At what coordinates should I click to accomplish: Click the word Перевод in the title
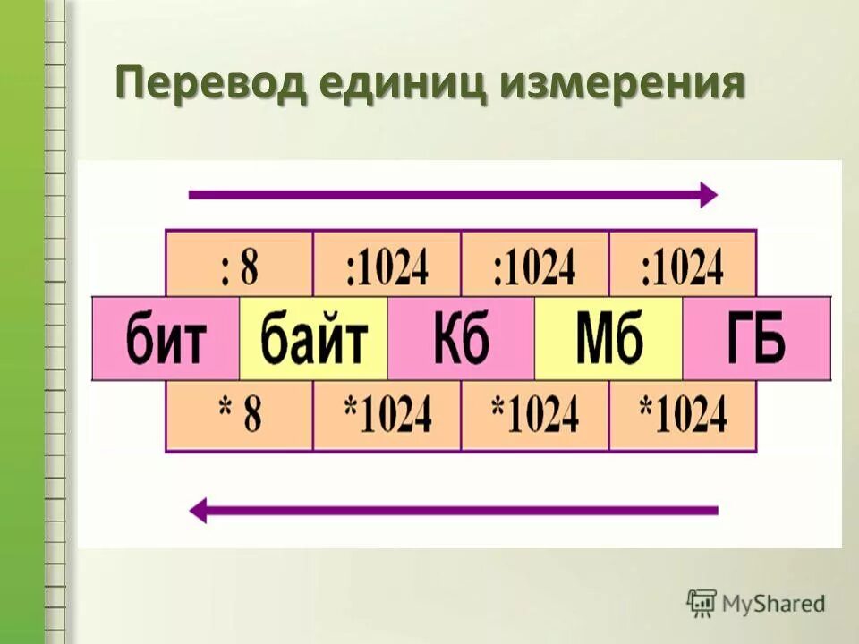pyautogui.click(x=210, y=87)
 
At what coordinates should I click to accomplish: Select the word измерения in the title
pyautogui.click(x=623, y=87)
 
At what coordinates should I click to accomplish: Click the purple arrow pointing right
pyautogui.click(x=453, y=194)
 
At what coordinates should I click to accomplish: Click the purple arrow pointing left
pyautogui.click(x=453, y=511)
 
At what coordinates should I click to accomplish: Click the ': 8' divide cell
pyautogui.click(x=239, y=264)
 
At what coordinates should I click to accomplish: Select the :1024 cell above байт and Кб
pyautogui.click(x=387, y=264)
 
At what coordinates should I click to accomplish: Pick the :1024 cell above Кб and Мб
pyautogui.click(x=534, y=264)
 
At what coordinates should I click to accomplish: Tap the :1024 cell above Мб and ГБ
pyautogui.click(x=682, y=264)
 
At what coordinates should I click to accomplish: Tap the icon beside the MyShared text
pyautogui.click(x=702, y=603)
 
